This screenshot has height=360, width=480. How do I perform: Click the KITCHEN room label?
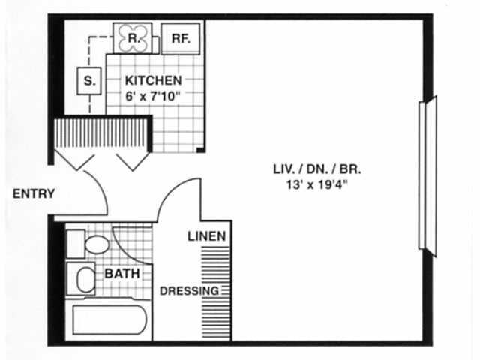click(153, 80)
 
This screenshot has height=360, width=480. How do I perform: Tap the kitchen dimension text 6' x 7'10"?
click(153, 95)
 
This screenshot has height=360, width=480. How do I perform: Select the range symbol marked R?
click(132, 37)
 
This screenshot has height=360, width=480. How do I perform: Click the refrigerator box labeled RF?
click(181, 38)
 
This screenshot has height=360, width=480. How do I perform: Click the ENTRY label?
click(34, 193)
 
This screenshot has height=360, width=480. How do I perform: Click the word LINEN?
click(206, 236)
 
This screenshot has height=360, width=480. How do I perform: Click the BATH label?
click(121, 274)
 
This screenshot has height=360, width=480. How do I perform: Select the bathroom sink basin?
click(85, 279)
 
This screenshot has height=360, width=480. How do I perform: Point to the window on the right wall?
click(427, 176)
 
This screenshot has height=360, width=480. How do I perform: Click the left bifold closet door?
click(75, 159)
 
